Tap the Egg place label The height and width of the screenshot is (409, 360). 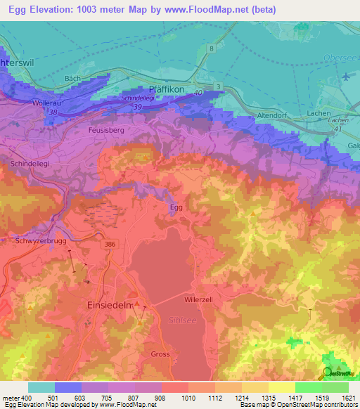tap(176, 207)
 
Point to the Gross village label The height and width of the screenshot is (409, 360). tap(160, 354)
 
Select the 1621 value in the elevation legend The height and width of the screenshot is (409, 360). tap(347, 398)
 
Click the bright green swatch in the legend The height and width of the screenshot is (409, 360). tap(309, 387)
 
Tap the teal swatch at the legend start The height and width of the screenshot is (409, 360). tap(41, 387)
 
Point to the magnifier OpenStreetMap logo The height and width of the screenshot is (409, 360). tap(328, 373)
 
